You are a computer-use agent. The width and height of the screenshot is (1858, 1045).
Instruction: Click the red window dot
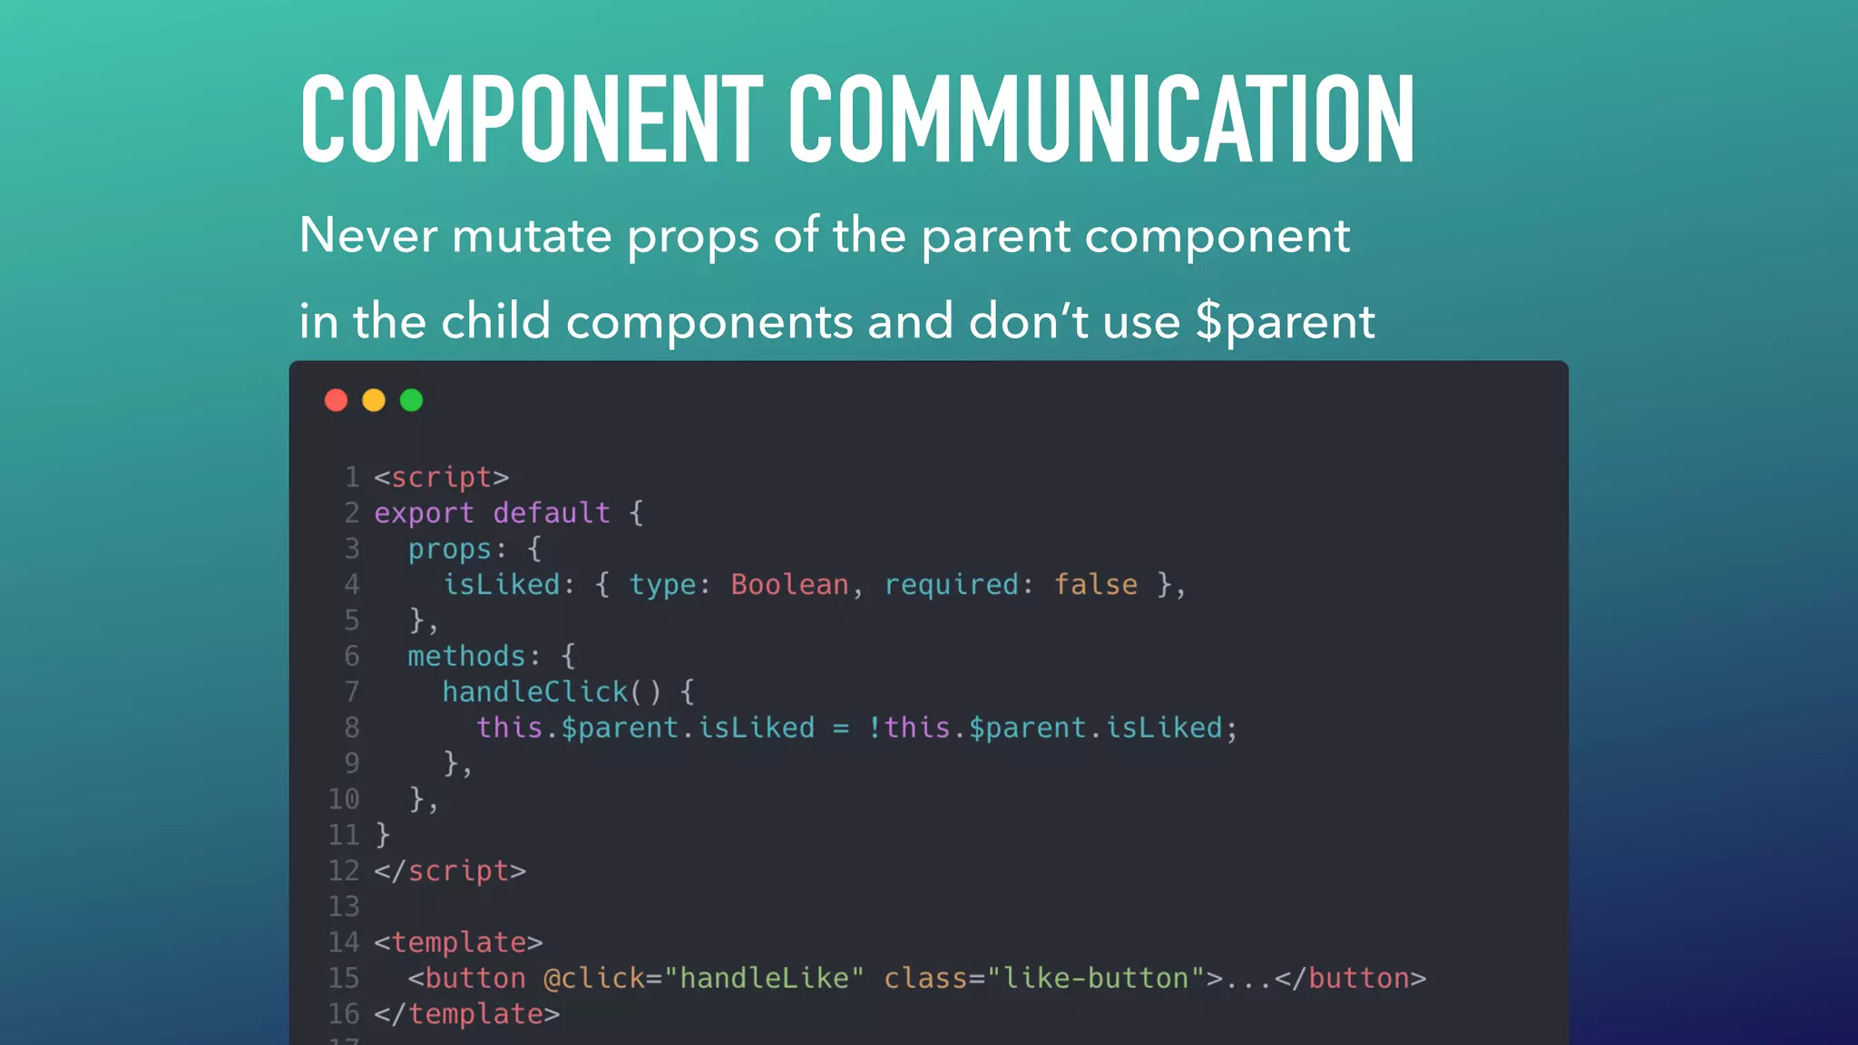336,400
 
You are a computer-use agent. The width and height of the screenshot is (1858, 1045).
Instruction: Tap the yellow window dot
374,400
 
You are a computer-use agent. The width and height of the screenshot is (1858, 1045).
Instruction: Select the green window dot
411,400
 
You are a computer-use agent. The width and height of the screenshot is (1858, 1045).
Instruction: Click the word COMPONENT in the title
532,120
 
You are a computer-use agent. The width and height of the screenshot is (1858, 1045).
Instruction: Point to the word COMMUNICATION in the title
1101,120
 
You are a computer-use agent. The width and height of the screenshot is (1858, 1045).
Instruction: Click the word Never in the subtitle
368,236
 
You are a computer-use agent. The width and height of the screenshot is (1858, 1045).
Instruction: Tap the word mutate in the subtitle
532,236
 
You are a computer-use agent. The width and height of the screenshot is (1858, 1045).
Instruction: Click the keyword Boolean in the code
789,585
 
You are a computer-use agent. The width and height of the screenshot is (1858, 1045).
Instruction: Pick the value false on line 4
1095,585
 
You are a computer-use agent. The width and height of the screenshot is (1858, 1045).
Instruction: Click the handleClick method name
535,692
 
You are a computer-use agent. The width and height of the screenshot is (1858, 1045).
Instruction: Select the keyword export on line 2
424,513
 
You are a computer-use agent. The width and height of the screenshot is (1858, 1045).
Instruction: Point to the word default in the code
552,513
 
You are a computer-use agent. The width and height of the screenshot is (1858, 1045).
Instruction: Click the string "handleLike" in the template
765,978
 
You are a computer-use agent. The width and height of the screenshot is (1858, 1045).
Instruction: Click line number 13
344,906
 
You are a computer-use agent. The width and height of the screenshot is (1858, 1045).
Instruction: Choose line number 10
344,799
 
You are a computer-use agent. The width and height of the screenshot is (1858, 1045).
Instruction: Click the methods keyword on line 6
466,656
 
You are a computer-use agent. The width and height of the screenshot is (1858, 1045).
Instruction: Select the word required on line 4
951,585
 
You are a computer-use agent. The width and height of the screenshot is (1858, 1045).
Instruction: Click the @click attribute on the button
593,978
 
